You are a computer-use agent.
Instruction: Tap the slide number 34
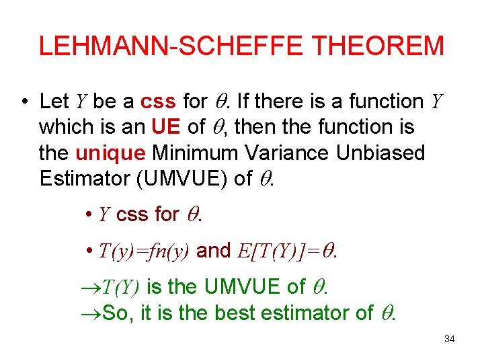(x=450, y=339)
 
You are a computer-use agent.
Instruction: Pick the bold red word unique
(x=111, y=153)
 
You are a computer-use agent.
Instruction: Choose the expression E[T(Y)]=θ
(x=288, y=251)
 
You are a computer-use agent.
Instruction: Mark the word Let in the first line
(x=54, y=102)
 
